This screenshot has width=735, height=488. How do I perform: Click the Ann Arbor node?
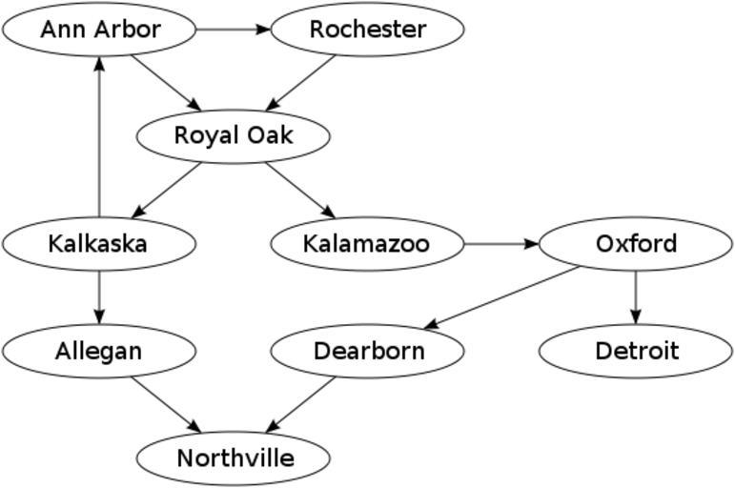[100, 30]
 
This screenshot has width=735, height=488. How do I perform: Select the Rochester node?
[368, 30]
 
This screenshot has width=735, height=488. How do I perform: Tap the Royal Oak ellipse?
[234, 136]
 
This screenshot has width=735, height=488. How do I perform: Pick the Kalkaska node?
[99, 244]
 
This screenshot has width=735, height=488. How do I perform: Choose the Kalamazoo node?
[367, 244]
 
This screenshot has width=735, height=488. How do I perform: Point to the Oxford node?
[636, 244]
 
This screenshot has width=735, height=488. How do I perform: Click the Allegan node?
[99, 351]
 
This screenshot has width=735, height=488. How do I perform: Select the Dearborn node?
[368, 351]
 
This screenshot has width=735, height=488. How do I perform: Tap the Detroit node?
[636, 351]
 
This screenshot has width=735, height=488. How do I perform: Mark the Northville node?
[234, 458]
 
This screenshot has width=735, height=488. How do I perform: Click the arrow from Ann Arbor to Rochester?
[234, 30]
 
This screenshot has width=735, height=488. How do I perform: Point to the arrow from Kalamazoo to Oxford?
[501, 244]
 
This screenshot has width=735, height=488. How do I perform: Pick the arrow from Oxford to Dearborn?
[502, 297]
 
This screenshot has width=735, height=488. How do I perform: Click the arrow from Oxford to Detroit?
[636, 297]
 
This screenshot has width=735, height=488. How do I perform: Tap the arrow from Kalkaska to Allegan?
[99, 297]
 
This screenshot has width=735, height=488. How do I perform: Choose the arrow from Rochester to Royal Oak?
[301, 83]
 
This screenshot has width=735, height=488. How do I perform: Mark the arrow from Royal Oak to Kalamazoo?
[300, 190]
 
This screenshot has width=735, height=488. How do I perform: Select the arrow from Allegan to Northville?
[167, 405]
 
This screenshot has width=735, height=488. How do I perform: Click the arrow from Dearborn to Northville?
[301, 405]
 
